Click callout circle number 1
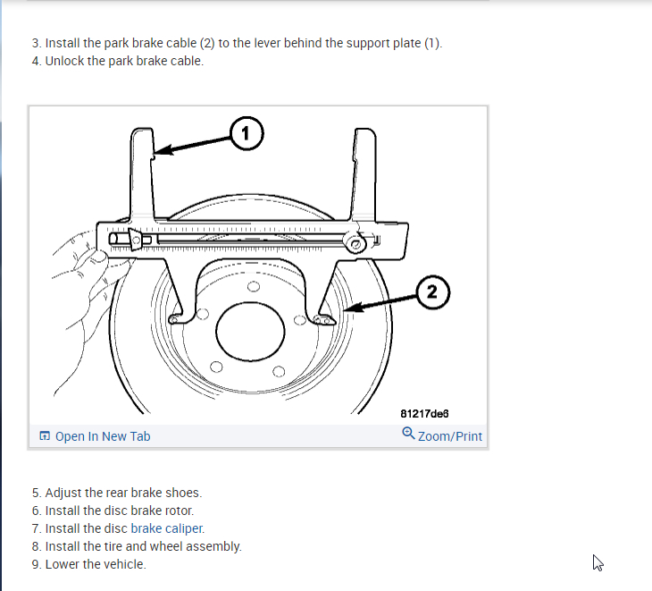(x=247, y=134)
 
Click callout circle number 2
(x=432, y=291)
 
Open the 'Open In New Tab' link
(x=103, y=436)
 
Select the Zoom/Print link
(x=449, y=436)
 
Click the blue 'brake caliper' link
(x=167, y=528)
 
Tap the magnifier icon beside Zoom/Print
(x=408, y=434)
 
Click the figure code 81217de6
(x=424, y=414)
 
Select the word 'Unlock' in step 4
(x=65, y=62)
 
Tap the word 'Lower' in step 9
(x=63, y=564)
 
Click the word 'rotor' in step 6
(x=178, y=511)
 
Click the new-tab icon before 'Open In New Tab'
(x=44, y=436)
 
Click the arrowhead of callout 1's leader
(x=158, y=154)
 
